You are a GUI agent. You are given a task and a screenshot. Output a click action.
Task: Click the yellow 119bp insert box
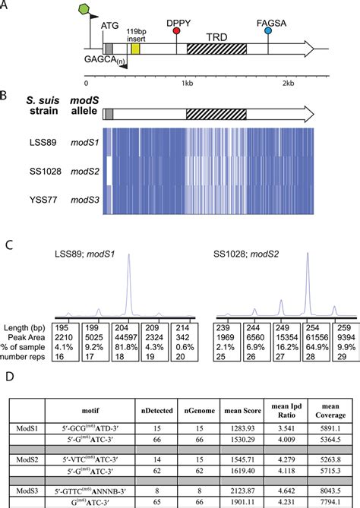(136, 49)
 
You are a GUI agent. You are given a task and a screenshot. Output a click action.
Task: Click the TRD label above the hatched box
(216, 36)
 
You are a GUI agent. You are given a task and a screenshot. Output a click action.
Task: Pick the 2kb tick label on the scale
(287, 83)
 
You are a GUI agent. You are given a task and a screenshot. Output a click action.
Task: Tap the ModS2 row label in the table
(31, 461)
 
